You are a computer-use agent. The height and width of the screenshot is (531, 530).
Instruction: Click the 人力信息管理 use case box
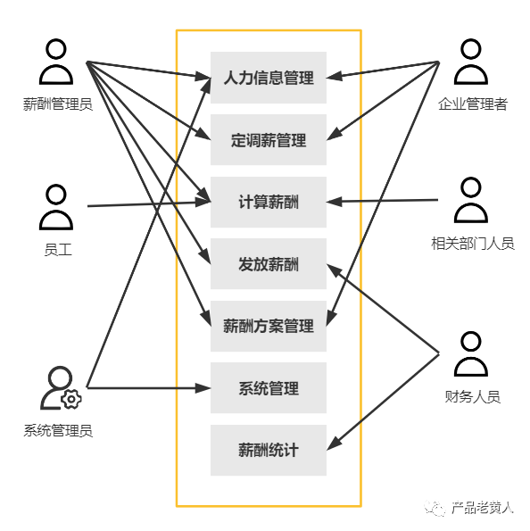coord(269,78)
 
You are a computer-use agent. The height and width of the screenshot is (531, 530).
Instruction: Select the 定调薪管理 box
coord(269,140)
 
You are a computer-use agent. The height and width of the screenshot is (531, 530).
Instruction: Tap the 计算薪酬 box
coord(269,203)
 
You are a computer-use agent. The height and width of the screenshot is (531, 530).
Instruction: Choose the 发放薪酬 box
coord(269,264)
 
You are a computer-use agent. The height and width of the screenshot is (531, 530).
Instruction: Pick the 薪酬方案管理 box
coord(269,326)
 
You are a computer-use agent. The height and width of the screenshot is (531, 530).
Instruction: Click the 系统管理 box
coord(269,388)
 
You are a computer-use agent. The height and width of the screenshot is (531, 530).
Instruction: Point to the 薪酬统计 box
coord(269,450)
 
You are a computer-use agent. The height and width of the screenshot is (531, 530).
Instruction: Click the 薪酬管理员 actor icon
coord(57,62)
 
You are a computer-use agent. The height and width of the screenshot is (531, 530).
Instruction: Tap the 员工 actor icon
coord(57,207)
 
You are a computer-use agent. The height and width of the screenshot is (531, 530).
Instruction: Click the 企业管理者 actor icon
coord(471,62)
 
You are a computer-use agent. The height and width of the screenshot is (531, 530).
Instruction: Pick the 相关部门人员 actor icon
coord(471,200)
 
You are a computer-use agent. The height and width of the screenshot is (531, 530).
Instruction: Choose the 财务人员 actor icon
coord(471,354)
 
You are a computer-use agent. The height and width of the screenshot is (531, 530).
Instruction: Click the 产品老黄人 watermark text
coord(482,508)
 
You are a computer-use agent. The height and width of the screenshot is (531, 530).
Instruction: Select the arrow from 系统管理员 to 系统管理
coord(147,388)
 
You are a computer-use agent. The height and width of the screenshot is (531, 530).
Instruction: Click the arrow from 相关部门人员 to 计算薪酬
coord(384,201)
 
